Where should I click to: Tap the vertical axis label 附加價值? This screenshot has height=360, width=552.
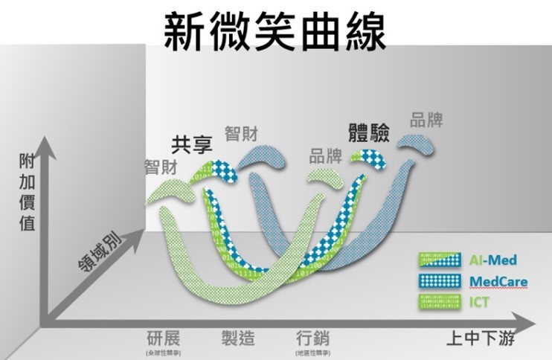27,193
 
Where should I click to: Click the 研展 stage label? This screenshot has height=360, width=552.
164,338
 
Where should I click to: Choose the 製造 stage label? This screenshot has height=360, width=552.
238,338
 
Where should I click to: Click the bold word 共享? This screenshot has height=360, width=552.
192,144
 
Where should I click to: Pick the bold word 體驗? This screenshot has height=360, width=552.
370,132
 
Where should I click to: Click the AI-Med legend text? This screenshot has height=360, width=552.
492,260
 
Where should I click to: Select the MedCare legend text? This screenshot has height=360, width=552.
498,280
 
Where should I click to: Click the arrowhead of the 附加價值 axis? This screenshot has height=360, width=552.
48,144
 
